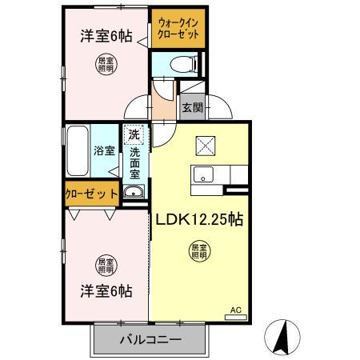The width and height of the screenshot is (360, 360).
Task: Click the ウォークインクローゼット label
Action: coord(179,30)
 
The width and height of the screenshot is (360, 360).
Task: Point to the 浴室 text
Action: coord(105,150)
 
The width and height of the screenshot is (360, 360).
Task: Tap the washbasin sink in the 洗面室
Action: coord(133,191)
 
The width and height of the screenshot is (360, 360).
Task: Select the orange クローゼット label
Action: coord(92,193)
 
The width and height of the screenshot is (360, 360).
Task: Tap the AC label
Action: coord(235,310)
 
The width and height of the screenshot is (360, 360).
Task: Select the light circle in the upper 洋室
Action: coord(106,65)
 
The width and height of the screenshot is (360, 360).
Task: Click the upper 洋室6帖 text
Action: coord(105,36)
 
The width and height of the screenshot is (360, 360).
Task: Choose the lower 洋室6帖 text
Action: coord(105,291)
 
